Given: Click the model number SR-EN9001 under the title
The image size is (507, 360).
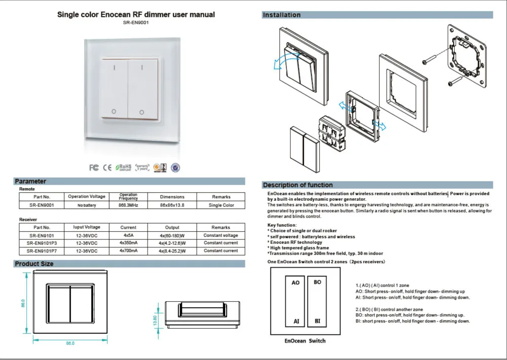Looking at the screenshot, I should point(135,22).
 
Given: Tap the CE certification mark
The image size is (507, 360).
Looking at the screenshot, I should point(107,167).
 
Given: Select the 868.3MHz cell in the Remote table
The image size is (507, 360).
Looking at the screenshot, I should point(128,205).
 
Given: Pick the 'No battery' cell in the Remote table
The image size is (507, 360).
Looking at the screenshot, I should point(87,205).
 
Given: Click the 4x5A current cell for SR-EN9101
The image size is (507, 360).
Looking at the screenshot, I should point(128,236).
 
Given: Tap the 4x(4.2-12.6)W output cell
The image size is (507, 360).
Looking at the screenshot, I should point(172,243).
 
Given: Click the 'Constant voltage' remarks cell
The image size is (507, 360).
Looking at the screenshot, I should point(221,236).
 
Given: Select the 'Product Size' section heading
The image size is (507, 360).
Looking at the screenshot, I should point(34,264).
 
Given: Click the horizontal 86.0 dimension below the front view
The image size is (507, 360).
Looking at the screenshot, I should point(70,344).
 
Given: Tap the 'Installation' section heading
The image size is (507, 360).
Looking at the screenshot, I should point(281,15).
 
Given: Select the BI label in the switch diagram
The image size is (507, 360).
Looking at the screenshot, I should point(317,321).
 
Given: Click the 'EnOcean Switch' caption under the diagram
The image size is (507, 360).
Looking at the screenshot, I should point(306,341).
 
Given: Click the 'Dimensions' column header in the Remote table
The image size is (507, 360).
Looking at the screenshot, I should point(172,197).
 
